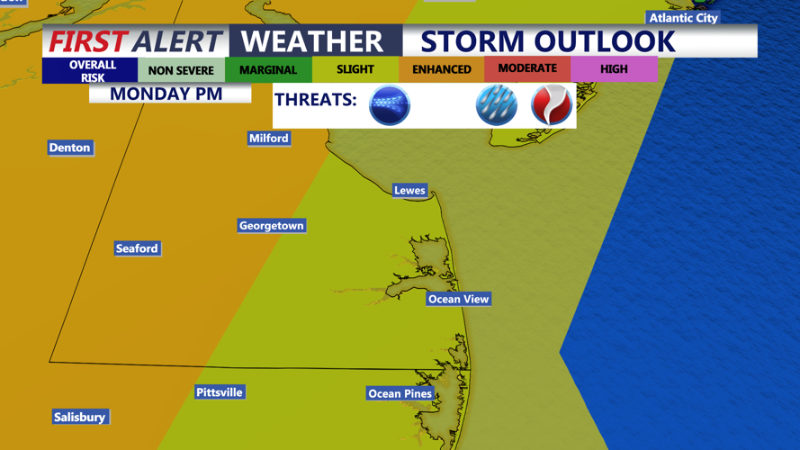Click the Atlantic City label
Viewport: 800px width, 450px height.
683,17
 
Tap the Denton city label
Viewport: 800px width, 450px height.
69,148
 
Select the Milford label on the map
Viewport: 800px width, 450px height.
268,138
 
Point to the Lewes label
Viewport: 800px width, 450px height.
409,190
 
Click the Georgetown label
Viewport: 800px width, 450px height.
271,225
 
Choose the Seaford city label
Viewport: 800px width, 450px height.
137,248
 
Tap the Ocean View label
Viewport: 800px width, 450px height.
458,299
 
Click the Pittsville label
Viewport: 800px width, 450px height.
220,392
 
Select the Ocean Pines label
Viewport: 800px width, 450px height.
400,393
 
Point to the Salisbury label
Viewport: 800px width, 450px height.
79,417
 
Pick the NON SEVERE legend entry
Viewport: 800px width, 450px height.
181,70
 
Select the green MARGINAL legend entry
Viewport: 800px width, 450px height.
268,69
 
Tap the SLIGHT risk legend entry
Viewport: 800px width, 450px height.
355,69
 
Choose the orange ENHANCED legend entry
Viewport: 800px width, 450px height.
441,69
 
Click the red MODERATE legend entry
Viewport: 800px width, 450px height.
527,68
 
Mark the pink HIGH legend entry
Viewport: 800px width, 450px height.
614,69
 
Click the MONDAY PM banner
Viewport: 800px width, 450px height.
166,94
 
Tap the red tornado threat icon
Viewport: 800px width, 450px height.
551,105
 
